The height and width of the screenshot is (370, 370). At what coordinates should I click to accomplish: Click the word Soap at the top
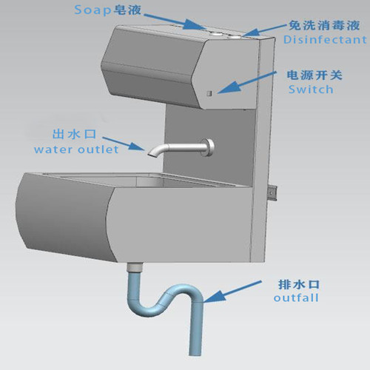pos(92,10)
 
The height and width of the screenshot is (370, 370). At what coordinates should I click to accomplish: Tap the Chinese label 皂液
pos(127,10)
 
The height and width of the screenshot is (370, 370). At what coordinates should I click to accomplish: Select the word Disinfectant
pos(325,40)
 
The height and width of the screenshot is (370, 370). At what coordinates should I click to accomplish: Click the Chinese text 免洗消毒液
pos(324,25)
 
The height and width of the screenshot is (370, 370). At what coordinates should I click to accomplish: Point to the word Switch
pos(311,90)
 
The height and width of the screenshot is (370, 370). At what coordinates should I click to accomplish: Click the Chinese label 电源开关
pos(314,75)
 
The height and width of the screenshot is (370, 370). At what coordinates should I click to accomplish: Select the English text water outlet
pos(76,149)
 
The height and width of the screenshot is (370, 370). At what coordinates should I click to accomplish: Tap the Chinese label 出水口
pos(74,135)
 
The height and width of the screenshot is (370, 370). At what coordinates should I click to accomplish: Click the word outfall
pos(296,297)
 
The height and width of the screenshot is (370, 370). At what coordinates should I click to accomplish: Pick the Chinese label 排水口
pos(299,284)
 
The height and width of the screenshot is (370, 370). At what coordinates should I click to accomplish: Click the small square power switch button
pos(209,93)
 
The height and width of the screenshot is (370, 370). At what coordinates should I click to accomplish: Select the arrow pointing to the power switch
pos(246,83)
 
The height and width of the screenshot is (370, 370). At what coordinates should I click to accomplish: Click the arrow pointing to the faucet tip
pos(124,144)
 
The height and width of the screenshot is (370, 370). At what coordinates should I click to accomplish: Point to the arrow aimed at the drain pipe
pos(232,292)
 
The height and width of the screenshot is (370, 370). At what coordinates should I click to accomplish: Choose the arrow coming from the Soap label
pos(175,21)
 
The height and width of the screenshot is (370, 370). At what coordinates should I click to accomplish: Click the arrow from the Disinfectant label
pos(266,30)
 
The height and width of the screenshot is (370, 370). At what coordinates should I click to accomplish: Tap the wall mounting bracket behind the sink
pos(273,194)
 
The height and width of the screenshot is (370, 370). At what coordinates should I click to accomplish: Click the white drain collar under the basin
pos(135,268)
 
